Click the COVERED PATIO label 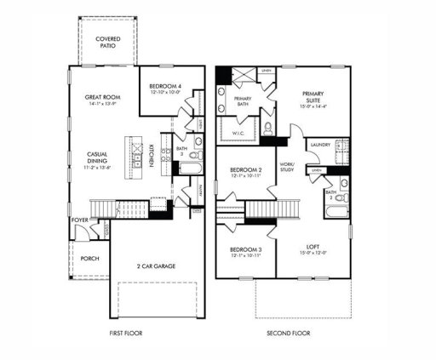[x=107, y=43]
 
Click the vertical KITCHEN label [x=152, y=155]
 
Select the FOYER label [x=79, y=220]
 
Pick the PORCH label [x=89, y=257]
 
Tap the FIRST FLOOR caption [x=128, y=333]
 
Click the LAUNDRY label [x=321, y=146]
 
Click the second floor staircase [x=272, y=209]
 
